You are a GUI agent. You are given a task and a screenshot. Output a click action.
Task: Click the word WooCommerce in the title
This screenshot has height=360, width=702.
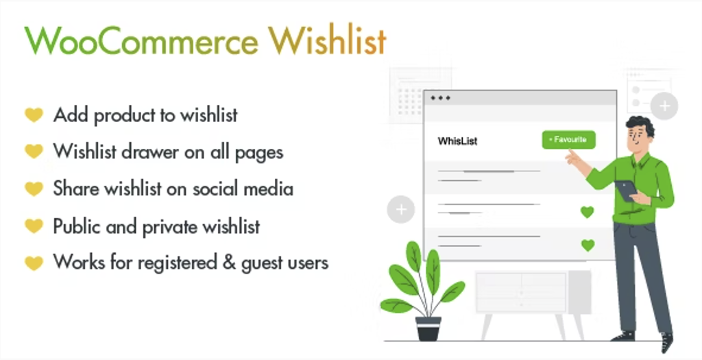(x=141, y=40)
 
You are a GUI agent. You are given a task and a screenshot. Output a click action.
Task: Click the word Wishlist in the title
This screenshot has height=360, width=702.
(x=327, y=40)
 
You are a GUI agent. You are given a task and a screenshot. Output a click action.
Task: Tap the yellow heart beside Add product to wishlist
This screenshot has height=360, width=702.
(x=34, y=115)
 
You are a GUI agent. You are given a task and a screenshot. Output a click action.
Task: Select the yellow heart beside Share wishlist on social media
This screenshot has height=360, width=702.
(x=34, y=189)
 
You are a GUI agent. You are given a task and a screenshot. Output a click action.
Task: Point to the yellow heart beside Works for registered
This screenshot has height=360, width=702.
(x=34, y=263)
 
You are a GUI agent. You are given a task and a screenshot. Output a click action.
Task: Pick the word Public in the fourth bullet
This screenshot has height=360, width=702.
(x=77, y=226)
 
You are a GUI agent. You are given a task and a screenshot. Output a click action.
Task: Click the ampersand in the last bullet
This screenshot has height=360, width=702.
(x=229, y=263)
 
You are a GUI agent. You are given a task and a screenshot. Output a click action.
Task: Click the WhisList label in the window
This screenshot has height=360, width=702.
(x=457, y=141)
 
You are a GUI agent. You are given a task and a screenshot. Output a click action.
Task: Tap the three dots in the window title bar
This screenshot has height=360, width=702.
(x=440, y=97)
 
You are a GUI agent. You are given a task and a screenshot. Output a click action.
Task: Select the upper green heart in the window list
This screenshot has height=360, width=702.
(x=588, y=212)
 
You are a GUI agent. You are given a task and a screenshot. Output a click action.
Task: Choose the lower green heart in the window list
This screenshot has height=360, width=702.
(x=588, y=245)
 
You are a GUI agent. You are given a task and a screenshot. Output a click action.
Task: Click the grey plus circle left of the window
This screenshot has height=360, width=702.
(x=401, y=209)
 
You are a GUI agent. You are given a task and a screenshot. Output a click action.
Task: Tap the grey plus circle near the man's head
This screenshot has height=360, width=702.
(x=664, y=106)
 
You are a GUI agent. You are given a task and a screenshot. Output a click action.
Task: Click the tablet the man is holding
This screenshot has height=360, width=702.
(x=626, y=191)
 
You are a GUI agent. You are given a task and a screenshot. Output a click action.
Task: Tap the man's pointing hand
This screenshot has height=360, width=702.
(x=572, y=157)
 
